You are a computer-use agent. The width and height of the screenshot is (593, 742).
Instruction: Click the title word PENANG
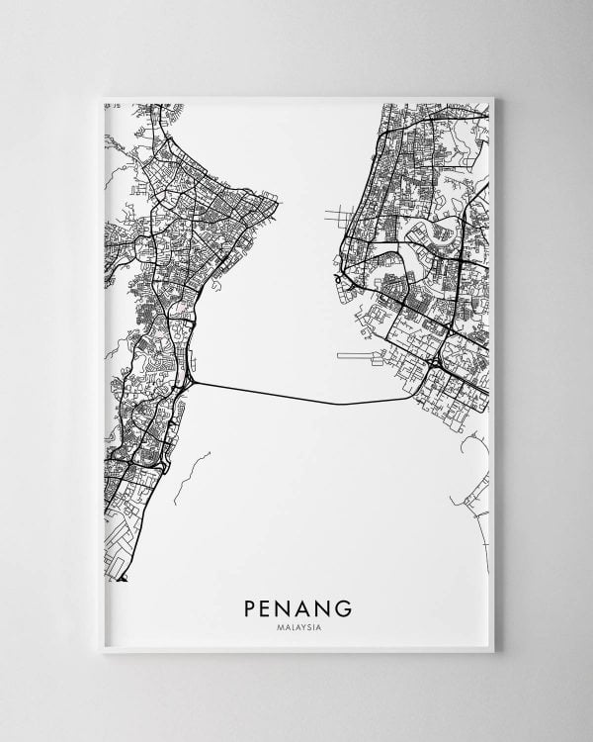point(296,603)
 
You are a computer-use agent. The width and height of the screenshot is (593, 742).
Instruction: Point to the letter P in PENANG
point(248,603)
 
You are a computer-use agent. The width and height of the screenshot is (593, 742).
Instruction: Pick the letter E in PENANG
point(267,603)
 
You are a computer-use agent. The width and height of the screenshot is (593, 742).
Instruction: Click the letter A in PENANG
point(304,603)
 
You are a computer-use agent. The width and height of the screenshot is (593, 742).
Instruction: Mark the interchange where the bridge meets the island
point(190,380)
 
